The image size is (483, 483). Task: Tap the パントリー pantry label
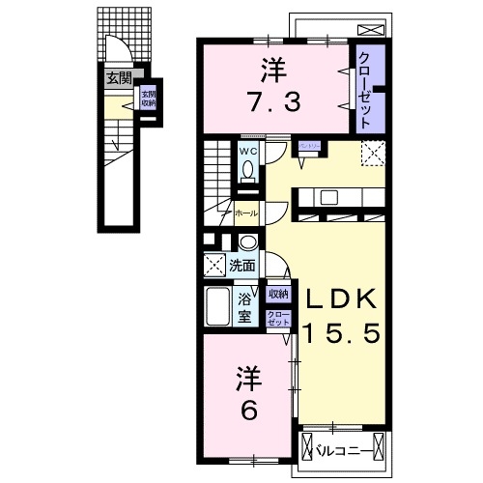tap(309, 144)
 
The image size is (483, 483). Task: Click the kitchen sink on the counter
tap(327, 197)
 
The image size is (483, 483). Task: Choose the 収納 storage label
tap(278, 294)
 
